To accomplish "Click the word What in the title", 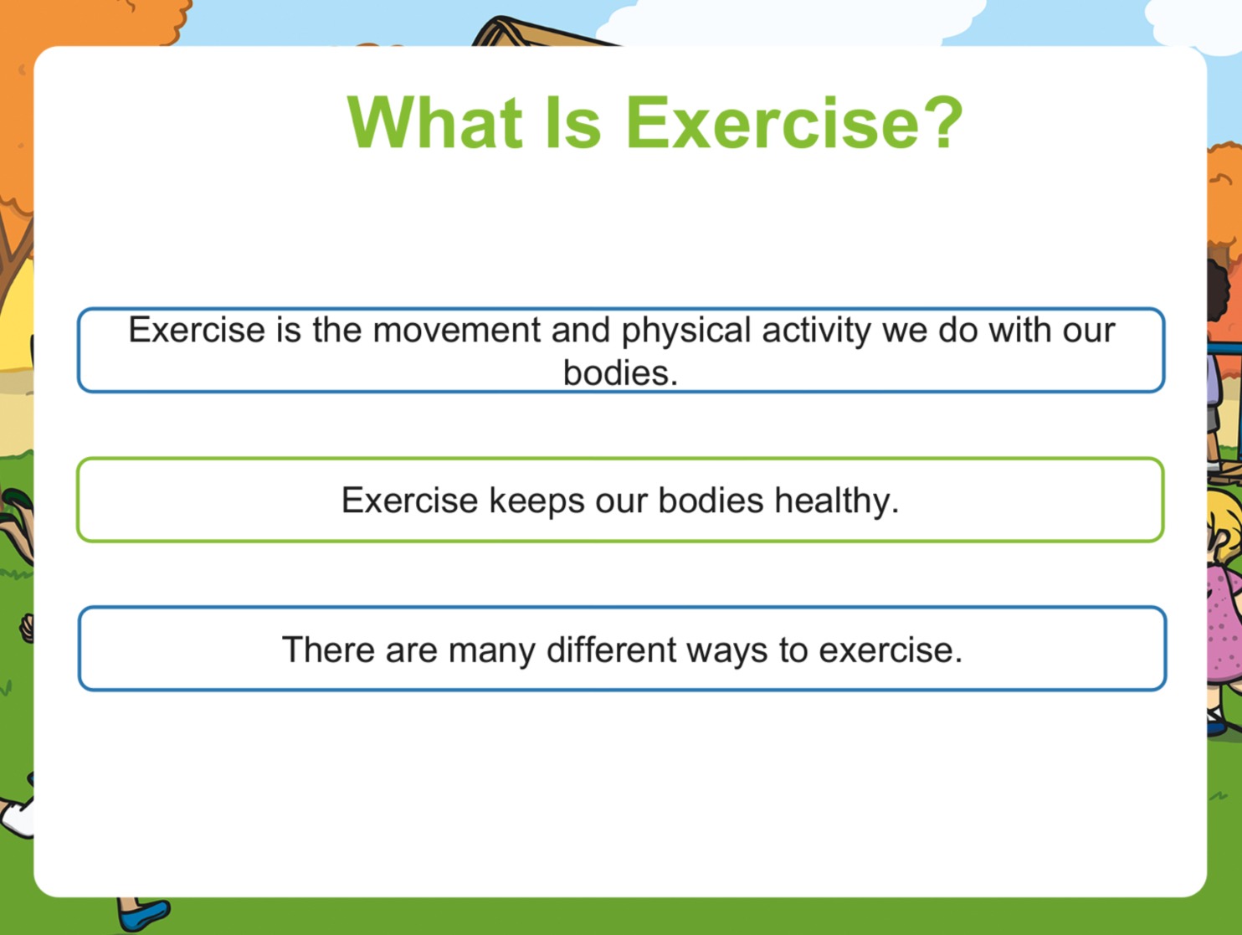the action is pyautogui.click(x=435, y=123).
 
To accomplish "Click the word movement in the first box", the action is pyautogui.click(x=457, y=330).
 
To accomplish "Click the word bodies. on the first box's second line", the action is pyautogui.click(x=621, y=373).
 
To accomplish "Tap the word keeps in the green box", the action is pyautogui.click(x=536, y=501).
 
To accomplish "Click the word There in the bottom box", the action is pyautogui.click(x=328, y=650).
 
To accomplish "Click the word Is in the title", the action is pyautogui.click(x=572, y=123).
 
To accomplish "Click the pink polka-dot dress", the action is pyautogui.click(x=1224, y=623).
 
